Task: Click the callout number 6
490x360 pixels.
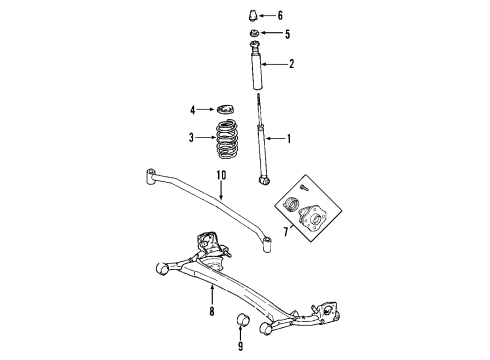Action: (x=281, y=16)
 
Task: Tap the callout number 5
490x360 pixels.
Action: (x=287, y=35)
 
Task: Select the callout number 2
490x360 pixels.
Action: (x=292, y=66)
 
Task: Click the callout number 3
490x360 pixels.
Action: (x=193, y=138)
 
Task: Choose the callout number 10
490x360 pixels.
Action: (x=222, y=174)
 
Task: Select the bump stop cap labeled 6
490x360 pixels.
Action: (x=251, y=17)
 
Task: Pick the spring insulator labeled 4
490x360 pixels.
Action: (x=227, y=108)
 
